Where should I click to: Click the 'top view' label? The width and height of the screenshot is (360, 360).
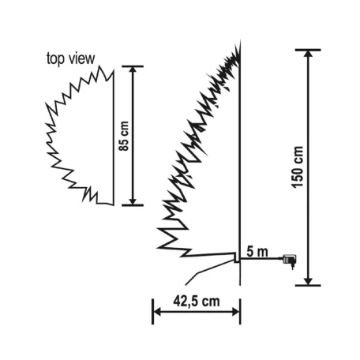72,58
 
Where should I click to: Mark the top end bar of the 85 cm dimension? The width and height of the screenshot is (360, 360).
133,66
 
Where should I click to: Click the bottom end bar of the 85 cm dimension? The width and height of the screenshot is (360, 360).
133,205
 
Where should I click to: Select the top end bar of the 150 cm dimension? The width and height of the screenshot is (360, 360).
308,50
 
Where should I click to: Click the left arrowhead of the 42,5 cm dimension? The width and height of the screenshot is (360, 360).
156,312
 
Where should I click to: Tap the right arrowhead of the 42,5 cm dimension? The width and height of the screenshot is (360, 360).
236,312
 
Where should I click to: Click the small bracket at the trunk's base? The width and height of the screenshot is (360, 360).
236,257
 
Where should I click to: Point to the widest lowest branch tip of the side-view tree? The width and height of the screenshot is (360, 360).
160,232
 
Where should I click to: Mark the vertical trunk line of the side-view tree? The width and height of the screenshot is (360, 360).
239,158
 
